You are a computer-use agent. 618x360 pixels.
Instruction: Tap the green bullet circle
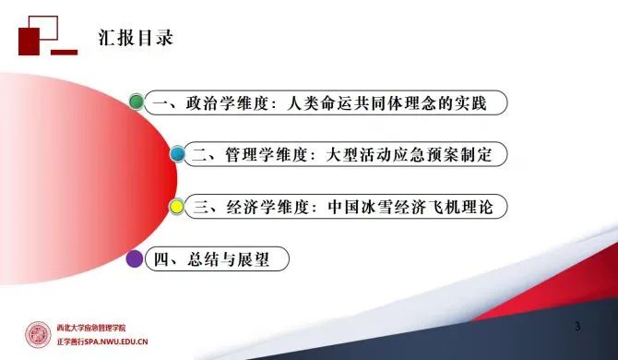(x=137, y=102)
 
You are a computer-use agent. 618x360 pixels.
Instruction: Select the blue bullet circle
(x=176, y=154)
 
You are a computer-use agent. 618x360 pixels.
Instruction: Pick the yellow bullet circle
(x=176, y=207)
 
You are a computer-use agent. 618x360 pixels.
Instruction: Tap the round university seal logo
(x=38, y=335)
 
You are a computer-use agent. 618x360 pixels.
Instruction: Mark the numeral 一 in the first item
(x=160, y=102)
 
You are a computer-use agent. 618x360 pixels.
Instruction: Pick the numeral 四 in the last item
(x=160, y=260)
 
